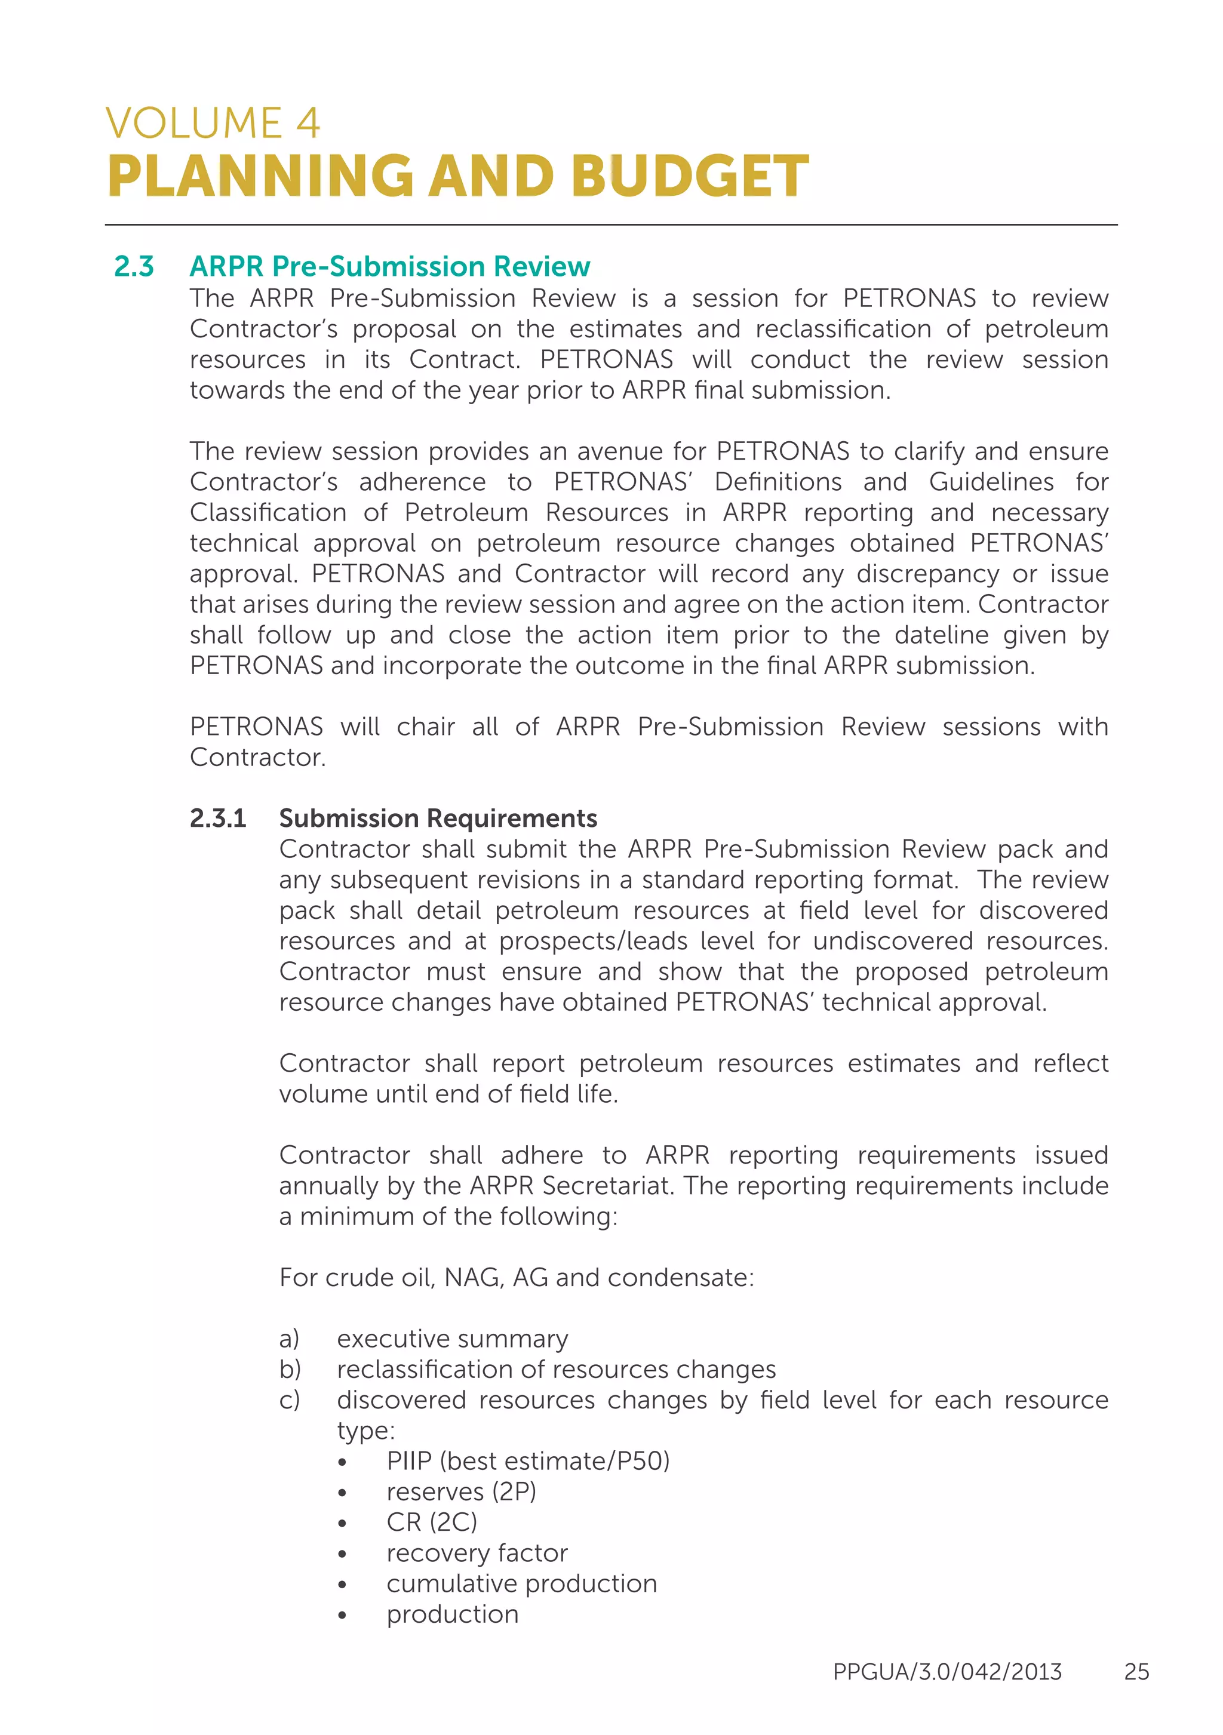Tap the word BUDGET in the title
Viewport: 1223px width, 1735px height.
pyautogui.click(x=689, y=176)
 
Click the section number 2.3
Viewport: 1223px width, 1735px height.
pyautogui.click(x=134, y=266)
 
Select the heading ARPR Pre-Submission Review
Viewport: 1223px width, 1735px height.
pyautogui.click(x=389, y=266)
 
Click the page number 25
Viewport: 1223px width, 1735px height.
pyautogui.click(x=1135, y=1671)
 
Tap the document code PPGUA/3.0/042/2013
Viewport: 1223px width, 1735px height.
pyautogui.click(x=947, y=1671)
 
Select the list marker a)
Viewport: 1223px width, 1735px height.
pyautogui.click(x=290, y=1339)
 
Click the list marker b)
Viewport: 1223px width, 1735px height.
pyautogui.click(x=290, y=1368)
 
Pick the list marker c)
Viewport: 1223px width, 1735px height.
pyautogui.click(x=290, y=1399)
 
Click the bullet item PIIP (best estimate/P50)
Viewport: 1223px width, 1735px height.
pyautogui.click(x=528, y=1461)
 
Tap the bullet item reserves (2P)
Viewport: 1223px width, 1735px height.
pyautogui.click(x=461, y=1491)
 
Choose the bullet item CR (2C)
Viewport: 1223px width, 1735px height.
pyautogui.click(x=432, y=1522)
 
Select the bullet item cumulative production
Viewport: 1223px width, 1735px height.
pyautogui.click(x=521, y=1583)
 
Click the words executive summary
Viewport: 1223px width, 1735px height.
pyautogui.click(x=452, y=1339)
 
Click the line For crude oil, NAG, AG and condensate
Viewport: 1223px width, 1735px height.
pyautogui.click(x=517, y=1277)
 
